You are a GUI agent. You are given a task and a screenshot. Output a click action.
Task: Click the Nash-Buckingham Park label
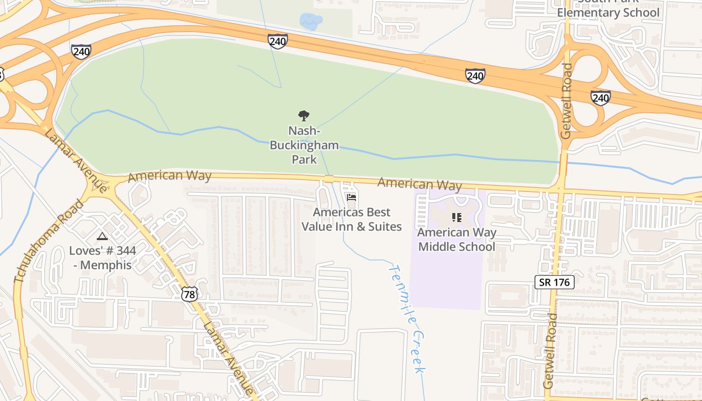304,145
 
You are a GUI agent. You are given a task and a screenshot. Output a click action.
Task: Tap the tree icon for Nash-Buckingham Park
304,116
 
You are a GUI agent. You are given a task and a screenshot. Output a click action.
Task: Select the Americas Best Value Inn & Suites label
352,220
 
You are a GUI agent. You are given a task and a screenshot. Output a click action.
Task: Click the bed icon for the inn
352,198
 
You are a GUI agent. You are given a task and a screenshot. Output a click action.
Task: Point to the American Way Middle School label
457,240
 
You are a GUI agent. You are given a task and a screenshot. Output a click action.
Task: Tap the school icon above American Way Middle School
456,218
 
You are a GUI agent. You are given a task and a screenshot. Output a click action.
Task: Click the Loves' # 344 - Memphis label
102,258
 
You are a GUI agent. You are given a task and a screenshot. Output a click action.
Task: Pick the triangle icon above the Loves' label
102,236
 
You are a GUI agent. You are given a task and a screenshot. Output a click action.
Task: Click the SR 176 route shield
554,282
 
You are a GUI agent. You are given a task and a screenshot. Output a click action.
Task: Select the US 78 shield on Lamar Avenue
190,294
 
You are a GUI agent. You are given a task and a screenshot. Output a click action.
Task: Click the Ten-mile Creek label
407,319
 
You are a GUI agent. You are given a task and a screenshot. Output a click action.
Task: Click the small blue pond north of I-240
311,22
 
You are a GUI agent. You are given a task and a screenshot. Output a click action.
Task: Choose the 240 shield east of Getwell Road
600,97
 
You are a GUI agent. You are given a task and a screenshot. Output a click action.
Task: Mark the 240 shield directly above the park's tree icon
277,41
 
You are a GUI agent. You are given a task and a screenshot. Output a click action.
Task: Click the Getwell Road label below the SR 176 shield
550,351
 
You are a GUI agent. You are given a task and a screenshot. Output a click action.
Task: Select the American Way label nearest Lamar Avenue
169,176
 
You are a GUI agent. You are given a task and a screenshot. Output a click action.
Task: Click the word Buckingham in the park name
304,145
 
